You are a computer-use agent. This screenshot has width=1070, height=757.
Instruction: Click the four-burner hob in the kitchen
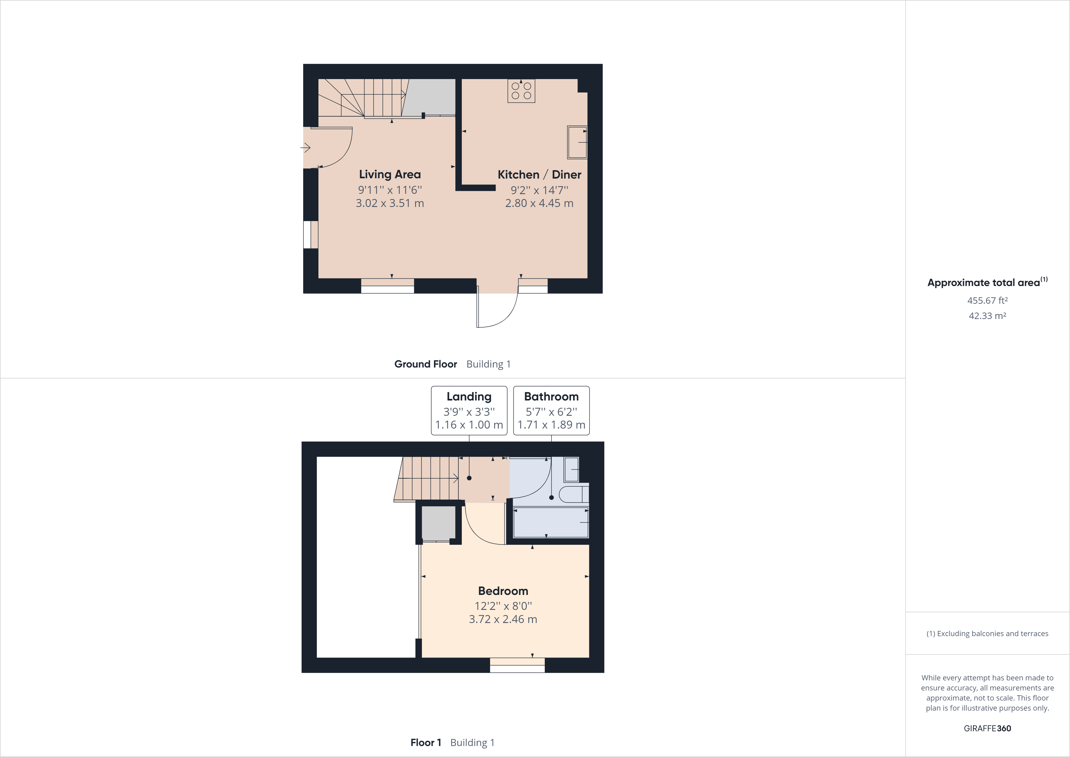pos(521,91)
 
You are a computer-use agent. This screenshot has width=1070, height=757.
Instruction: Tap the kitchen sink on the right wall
pos(577,142)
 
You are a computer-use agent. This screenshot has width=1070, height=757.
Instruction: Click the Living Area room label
pos(390,174)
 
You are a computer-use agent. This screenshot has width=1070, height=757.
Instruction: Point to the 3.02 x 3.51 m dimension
pos(390,203)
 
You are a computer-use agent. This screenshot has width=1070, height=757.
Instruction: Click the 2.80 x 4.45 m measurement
pos(539,203)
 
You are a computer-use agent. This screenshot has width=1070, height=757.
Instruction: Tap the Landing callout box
pos(469,411)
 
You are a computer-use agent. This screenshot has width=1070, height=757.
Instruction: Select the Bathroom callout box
pos(551,411)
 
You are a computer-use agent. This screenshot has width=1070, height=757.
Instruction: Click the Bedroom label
pos(503,591)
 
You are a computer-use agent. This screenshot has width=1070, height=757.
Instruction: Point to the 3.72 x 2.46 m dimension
pos(503,619)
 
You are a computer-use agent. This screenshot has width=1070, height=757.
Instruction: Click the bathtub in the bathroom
pos(550,522)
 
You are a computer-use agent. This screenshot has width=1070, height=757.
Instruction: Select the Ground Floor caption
pos(425,364)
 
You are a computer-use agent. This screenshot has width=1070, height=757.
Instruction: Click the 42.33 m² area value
pos(987,316)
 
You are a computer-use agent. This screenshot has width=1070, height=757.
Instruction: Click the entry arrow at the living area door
pos(306,148)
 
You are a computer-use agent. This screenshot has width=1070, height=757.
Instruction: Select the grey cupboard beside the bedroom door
pos(438,523)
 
